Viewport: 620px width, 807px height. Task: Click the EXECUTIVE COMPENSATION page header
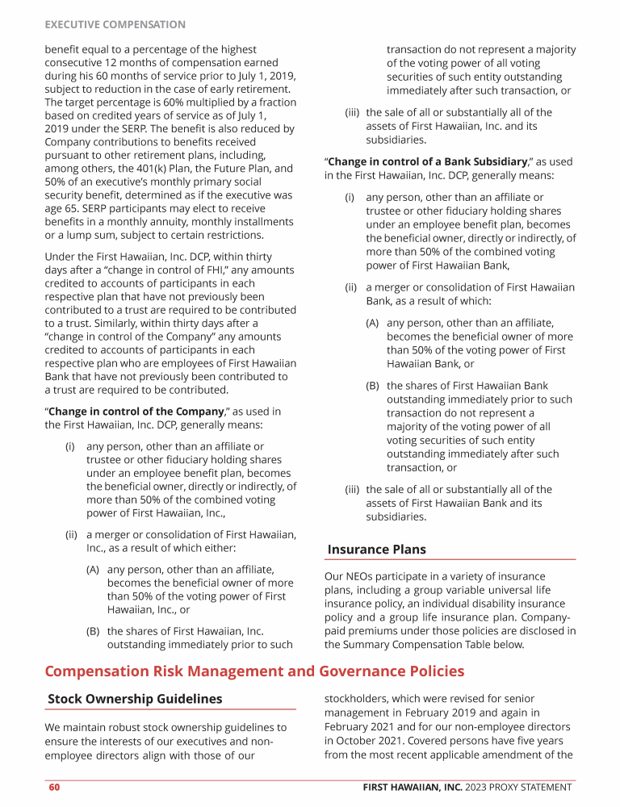click(115, 25)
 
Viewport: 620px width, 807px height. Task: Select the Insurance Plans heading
click(376, 550)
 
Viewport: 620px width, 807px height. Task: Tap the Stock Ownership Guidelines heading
click(135, 698)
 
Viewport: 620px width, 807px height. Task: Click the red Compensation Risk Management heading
click(254, 671)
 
